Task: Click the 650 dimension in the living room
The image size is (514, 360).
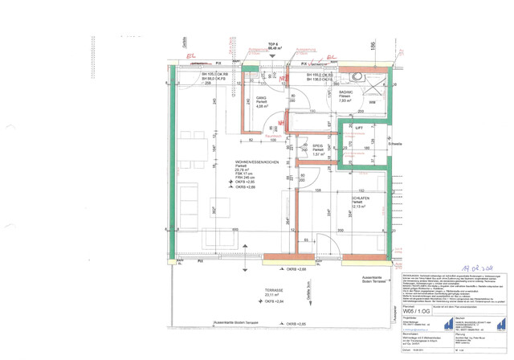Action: click(x=235, y=229)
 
